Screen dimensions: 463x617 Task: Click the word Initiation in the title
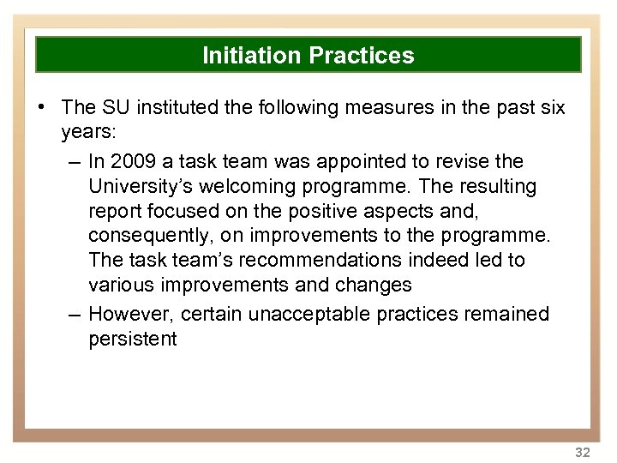click(x=252, y=56)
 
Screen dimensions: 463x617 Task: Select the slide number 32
click(x=583, y=452)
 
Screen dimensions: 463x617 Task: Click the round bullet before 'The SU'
click(x=42, y=107)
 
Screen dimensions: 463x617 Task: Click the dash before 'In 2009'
click(x=75, y=162)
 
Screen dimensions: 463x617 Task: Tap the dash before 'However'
click(x=75, y=315)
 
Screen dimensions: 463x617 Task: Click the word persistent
click(x=132, y=339)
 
